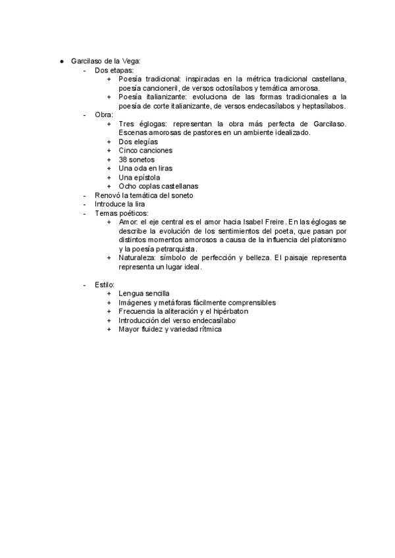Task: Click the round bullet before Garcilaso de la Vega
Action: tap(61, 61)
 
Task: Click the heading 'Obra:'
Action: tap(104, 114)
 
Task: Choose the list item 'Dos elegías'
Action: tap(139, 141)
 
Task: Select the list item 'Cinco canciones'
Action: tap(145, 151)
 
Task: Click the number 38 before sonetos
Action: tap(123, 159)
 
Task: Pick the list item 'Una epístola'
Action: tap(139, 177)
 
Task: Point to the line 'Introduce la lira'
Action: tap(120, 204)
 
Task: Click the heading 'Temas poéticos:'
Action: tap(122, 213)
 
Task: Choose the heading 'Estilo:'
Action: tap(105, 284)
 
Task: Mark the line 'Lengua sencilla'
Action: tap(144, 293)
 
